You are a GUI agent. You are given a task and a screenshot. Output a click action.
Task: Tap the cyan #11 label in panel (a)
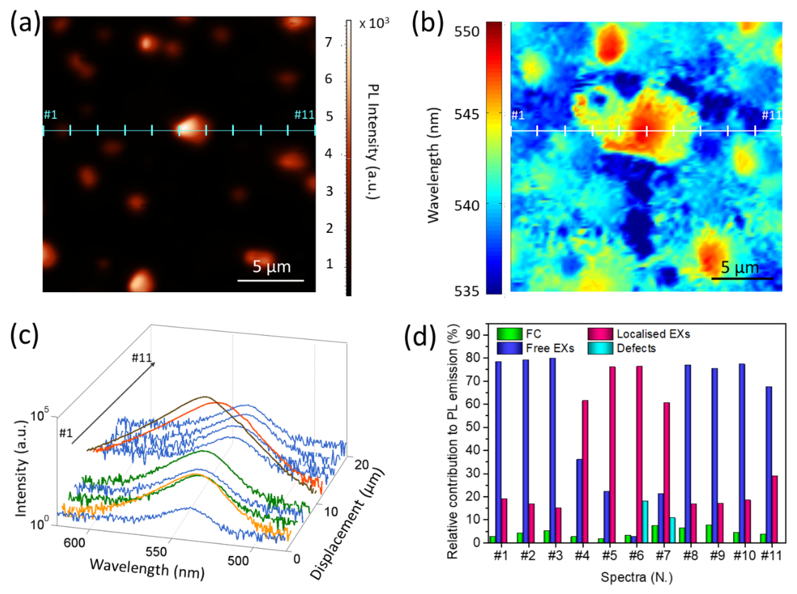click(x=304, y=115)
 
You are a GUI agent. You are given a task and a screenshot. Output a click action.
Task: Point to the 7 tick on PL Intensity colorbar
click(x=328, y=43)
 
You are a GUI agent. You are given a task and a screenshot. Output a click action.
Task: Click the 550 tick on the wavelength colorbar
click(x=467, y=32)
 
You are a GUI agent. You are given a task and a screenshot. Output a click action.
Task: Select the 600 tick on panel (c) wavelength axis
click(x=74, y=542)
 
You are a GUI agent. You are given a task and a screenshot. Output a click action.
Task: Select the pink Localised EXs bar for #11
click(x=774, y=509)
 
